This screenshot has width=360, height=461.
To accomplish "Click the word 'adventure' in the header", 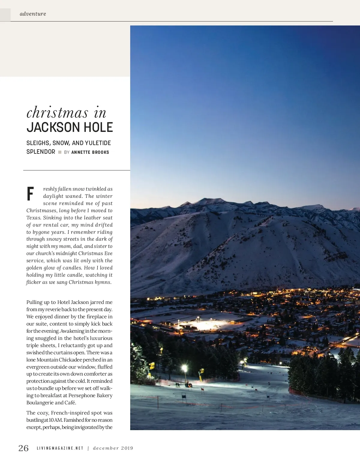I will [x=33, y=14].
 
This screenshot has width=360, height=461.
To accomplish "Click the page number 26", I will [x=23, y=448].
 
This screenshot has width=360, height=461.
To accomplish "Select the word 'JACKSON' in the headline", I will [x=52, y=127].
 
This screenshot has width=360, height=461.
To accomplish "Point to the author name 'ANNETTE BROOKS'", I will [x=90, y=152].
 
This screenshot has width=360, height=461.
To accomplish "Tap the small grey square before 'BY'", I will [x=60, y=152].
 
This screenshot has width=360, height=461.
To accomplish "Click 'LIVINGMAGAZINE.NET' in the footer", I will [x=60, y=448].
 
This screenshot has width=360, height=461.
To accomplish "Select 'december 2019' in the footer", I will [x=113, y=448].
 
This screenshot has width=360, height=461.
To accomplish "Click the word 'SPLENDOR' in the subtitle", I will [x=41, y=152].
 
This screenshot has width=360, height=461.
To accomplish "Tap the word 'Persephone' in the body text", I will [x=82, y=395].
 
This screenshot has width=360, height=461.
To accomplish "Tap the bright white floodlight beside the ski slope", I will [x=184, y=367].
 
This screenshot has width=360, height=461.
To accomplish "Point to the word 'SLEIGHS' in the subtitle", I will [x=38, y=143].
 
